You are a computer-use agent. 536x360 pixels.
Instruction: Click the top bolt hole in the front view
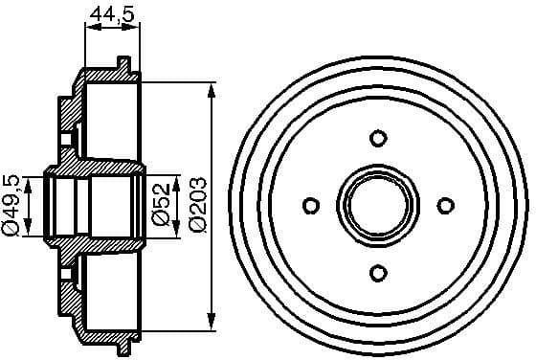click(x=377, y=138)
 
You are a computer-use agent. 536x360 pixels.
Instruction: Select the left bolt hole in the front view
click(x=310, y=205)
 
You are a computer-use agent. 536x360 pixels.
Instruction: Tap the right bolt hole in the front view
click(x=444, y=205)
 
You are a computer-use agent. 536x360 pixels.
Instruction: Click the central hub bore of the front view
click(x=377, y=205)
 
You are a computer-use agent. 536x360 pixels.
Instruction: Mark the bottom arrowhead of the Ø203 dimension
click(x=211, y=324)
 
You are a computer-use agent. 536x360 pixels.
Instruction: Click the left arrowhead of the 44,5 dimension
click(x=90, y=29)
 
